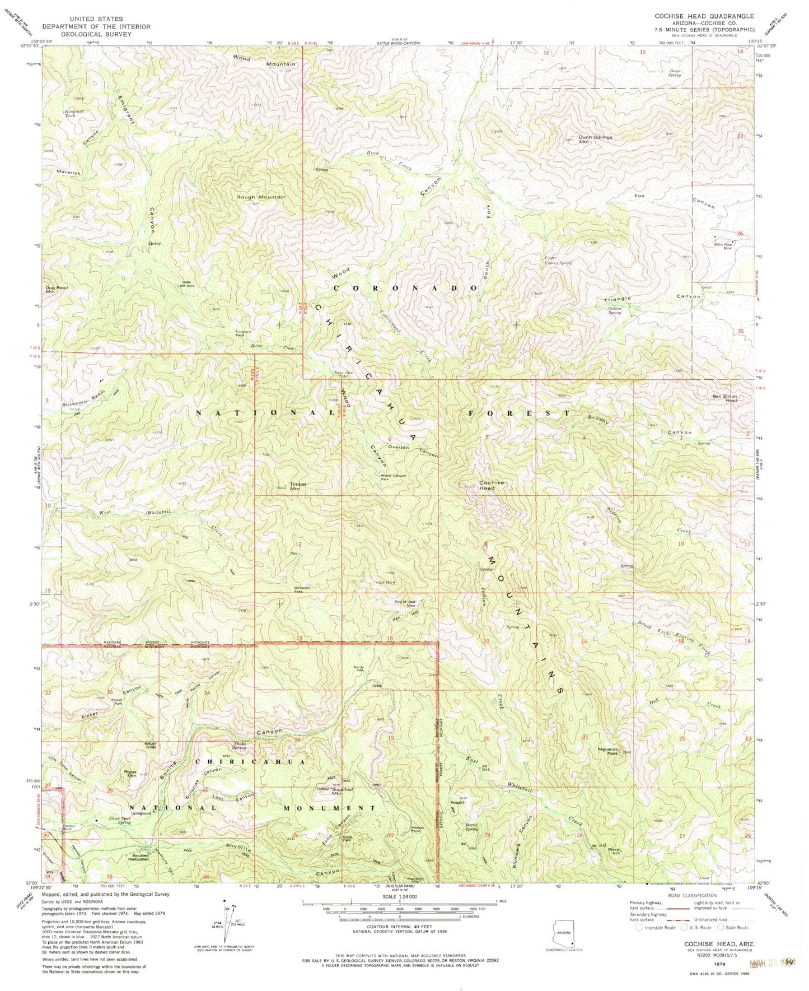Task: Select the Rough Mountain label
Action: click(x=261, y=197)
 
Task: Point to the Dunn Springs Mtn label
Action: click(x=595, y=139)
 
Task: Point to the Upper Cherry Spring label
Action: click(x=558, y=260)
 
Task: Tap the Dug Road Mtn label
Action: click(x=56, y=290)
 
